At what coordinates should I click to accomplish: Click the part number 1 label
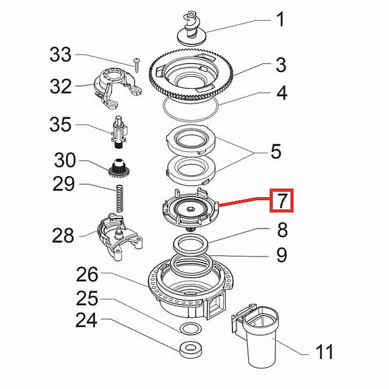coord(281,21)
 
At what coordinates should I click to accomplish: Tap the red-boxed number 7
coord(283,201)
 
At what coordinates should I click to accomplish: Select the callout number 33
coord(61,54)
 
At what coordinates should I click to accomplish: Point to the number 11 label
coord(324,352)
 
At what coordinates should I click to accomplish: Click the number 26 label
coord(87,275)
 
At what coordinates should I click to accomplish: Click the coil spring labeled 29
coord(118,198)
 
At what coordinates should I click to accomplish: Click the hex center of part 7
coord(190,208)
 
